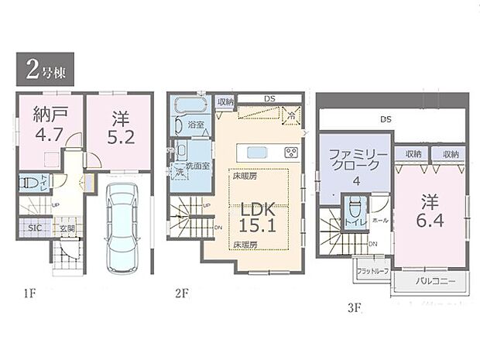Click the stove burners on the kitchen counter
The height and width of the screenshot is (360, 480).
292,151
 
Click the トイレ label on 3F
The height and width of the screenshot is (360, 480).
356,221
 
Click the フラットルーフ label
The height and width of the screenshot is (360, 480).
373,270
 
